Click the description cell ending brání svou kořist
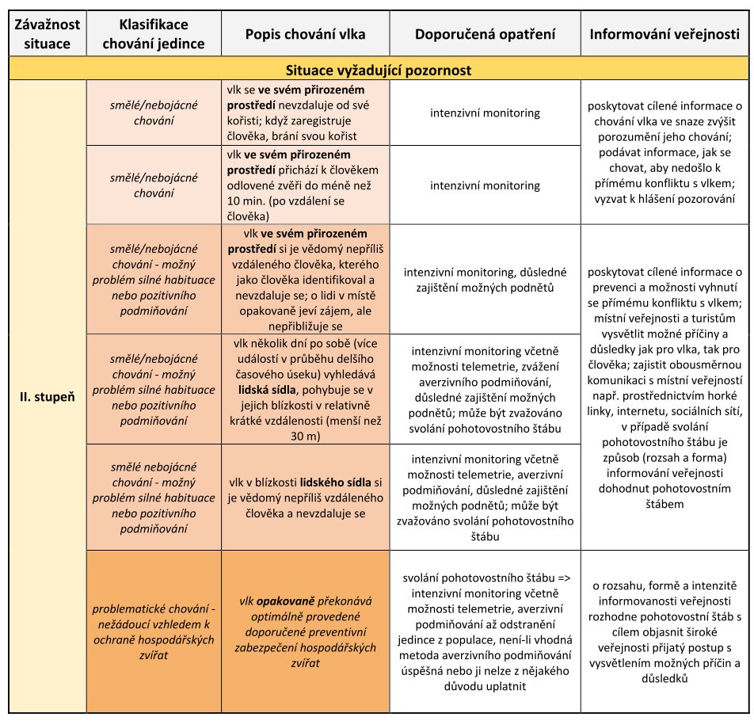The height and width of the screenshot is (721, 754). point(306,113)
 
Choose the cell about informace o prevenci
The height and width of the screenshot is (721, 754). point(665,387)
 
